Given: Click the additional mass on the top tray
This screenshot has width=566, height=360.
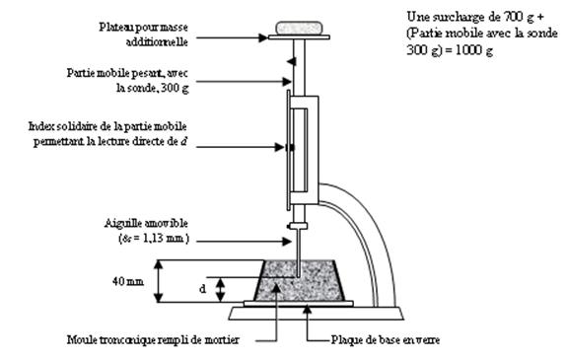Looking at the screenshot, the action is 299,28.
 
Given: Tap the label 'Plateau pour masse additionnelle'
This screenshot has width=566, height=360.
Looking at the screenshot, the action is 144,35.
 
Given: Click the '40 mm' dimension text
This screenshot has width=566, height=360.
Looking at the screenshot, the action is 128,281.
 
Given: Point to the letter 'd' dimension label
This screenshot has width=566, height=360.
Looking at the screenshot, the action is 203,289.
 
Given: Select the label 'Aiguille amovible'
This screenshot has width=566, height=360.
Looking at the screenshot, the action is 146,223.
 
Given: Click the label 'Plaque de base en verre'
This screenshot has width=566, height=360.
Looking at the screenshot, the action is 386,339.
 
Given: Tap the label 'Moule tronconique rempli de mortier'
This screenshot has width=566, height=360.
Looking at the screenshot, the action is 153,339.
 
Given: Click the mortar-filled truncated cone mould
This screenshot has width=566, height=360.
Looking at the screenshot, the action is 299,280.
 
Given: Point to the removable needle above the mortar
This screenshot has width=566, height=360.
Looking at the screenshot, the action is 298,252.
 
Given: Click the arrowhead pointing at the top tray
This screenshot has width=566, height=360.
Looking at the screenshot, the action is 263,37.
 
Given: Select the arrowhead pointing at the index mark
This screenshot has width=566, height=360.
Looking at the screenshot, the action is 279,147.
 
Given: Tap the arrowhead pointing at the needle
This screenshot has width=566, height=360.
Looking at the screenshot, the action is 287,242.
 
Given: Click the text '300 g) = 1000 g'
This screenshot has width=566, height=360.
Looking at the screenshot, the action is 450,50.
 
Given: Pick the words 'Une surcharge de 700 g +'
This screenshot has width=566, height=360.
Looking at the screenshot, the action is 475,17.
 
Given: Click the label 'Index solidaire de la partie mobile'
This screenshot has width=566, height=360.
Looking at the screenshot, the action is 107,126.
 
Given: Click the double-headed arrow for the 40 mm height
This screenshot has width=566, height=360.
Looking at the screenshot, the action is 158,281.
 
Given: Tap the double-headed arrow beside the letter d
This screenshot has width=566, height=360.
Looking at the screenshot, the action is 221,289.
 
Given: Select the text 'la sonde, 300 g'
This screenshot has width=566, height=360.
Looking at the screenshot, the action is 152,88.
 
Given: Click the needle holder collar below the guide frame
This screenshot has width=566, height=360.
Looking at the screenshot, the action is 298,226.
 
